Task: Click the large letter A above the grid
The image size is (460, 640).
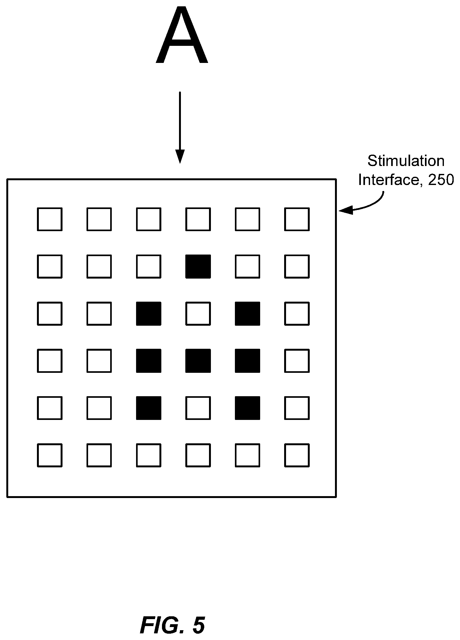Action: (x=182, y=35)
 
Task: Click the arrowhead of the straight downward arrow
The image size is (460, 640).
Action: (x=180, y=156)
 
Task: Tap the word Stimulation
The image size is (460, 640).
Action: (x=406, y=161)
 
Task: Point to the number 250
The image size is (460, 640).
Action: (x=441, y=180)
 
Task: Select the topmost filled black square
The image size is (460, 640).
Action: (x=198, y=266)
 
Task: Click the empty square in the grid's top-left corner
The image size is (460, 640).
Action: (x=50, y=219)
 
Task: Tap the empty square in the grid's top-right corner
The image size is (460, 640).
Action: (x=297, y=219)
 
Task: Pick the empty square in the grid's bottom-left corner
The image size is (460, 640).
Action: (x=50, y=455)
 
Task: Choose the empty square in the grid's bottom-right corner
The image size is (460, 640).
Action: (x=297, y=455)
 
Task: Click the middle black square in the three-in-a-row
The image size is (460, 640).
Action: (x=198, y=361)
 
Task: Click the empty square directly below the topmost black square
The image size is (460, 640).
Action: (x=198, y=314)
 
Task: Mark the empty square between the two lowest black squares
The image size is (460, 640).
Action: (x=198, y=408)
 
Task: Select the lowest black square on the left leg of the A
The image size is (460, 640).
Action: (x=149, y=408)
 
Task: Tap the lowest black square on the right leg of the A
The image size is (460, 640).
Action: (x=248, y=408)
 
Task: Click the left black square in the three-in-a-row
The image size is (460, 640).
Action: (x=149, y=361)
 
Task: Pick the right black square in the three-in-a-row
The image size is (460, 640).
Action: (x=248, y=361)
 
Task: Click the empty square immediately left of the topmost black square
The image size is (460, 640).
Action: (x=149, y=266)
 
